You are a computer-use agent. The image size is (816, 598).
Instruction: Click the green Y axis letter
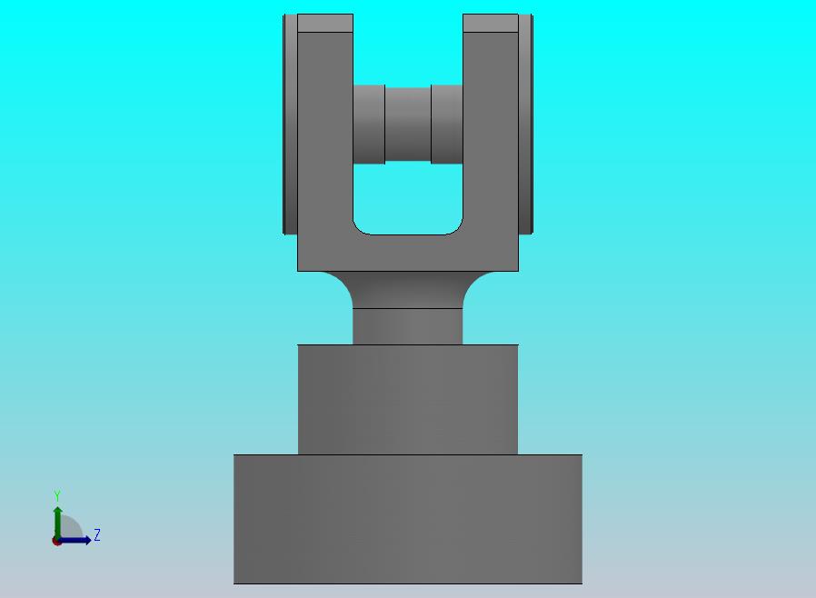tap(57, 495)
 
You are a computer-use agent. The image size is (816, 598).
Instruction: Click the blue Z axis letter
tap(97, 534)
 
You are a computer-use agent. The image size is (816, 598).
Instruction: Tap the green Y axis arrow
tap(58, 523)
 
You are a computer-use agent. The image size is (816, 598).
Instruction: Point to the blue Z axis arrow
tap(74, 540)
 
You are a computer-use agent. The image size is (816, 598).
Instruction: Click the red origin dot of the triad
tap(56, 542)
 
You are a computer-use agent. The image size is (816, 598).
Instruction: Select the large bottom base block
tap(407, 519)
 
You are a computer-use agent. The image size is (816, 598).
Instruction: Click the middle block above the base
tap(407, 399)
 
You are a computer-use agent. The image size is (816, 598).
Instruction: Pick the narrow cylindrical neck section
tap(407, 326)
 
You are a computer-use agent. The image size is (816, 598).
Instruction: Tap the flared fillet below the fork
tap(407, 289)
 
